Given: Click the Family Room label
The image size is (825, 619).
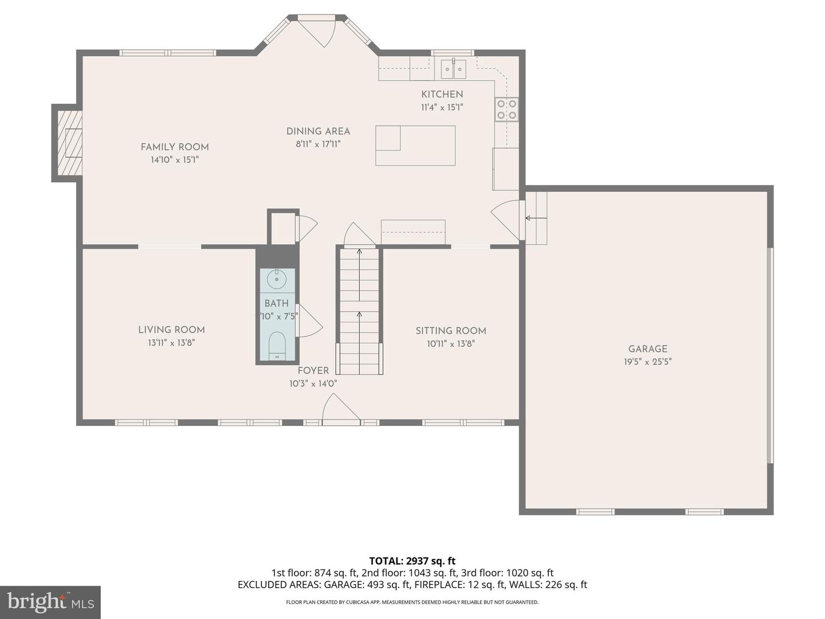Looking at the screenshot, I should (175, 147).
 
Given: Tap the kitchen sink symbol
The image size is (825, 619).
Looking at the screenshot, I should (453, 69).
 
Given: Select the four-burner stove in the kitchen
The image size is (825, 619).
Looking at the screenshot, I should (507, 109).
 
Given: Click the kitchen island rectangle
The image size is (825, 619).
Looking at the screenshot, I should (415, 146).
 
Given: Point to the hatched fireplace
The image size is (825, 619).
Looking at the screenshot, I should (69, 143).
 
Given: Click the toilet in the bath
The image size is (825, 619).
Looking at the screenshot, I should (277, 345).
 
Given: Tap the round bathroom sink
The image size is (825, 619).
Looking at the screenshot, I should (277, 280).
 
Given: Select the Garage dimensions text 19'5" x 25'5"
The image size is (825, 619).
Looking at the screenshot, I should (647, 362).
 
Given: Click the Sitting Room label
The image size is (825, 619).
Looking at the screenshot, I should (450, 331).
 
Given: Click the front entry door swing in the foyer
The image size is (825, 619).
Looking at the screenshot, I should (340, 410).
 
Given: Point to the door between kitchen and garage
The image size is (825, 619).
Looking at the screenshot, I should (507, 219).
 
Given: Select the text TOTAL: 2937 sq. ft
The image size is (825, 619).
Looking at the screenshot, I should (412, 561).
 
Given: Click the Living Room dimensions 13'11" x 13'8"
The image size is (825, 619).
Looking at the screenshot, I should (171, 343).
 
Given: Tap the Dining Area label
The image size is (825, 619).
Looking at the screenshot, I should (318, 131).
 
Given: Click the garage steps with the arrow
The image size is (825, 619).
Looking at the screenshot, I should (536, 218).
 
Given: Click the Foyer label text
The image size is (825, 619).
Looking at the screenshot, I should (313, 371).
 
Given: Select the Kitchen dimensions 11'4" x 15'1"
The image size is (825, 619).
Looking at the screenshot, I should (442, 107).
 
